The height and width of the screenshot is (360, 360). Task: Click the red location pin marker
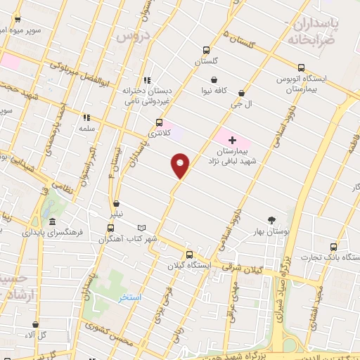coord(180,165)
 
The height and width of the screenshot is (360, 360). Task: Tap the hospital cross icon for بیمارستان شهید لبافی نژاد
coord(233,141)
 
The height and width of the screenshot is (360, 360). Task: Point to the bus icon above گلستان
coord(206,50)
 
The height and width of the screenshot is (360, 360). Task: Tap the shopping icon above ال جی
coord(242,92)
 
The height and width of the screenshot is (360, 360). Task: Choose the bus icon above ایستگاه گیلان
coord(188,255)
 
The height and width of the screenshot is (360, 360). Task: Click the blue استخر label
coord(130,297)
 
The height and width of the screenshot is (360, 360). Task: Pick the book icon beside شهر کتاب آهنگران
coord(142,228)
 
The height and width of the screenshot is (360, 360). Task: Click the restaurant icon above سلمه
coord(87,118)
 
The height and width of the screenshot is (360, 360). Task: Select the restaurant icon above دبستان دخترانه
coord(147,80)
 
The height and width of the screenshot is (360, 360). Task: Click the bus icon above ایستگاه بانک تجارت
coord(333,247)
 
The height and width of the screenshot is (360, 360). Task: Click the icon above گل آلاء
coord(36,324)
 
